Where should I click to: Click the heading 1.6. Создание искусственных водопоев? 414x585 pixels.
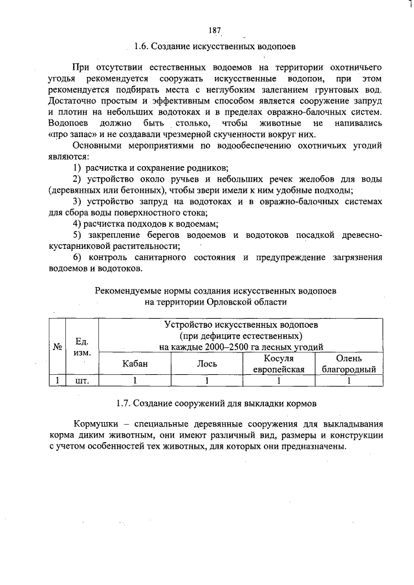click(215, 47)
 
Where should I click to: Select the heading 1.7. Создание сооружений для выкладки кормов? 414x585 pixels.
click(216, 403)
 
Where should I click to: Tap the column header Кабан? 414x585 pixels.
click(135, 364)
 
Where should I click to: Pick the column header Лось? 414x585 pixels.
click(206, 364)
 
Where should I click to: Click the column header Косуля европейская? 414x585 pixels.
click(278, 364)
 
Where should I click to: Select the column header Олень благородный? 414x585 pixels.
click(349, 364)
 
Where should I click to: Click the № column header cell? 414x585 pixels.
click(58, 346)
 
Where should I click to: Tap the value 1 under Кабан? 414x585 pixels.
click(135, 381)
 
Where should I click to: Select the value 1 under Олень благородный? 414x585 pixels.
click(349, 381)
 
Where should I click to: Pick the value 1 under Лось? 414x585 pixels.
click(206, 381)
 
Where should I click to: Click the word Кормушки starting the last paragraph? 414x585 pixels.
click(95, 424)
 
